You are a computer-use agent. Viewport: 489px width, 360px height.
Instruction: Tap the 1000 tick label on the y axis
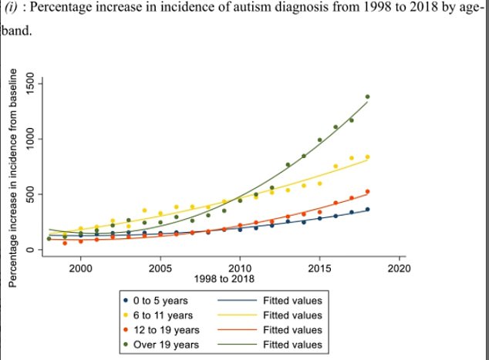point(31,140)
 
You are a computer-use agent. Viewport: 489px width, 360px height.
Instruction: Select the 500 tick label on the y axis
point(31,195)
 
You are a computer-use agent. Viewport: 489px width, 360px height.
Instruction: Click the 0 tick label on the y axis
point(31,250)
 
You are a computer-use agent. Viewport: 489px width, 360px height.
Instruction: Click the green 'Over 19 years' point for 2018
point(367,97)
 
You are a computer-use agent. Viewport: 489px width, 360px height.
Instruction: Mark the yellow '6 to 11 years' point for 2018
point(367,157)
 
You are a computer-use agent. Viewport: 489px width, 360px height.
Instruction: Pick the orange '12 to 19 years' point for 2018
point(367,192)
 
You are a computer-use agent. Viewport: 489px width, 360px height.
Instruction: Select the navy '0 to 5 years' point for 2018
point(367,210)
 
